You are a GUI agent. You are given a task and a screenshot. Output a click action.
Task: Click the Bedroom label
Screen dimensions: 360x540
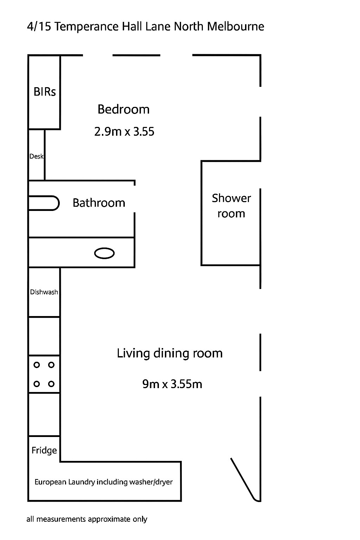(x=123, y=109)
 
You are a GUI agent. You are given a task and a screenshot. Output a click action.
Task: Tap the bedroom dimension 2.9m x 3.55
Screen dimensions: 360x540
(x=124, y=131)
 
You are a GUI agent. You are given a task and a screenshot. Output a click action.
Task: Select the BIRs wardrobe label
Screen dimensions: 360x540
(x=45, y=92)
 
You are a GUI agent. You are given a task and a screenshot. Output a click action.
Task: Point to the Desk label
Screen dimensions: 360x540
(x=37, y=156)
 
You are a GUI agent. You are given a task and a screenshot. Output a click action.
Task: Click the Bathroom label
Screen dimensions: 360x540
(x=99, y=203)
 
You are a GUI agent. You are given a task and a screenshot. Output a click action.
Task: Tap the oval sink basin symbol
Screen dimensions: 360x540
(x=104, y=253)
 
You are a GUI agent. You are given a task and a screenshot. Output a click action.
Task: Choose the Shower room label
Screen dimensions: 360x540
(x=231, y=206)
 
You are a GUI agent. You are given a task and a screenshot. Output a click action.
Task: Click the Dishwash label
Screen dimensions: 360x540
(x=44, y=292)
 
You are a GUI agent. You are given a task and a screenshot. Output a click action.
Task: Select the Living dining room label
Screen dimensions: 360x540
(x=170, y=354)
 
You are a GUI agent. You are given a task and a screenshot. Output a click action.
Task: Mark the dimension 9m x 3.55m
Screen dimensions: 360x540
(x=172, y=384)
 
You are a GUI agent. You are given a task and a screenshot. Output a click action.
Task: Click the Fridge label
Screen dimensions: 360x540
(x=44, y=450)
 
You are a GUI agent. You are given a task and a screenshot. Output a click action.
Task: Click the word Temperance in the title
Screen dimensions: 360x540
(x=86, y=27)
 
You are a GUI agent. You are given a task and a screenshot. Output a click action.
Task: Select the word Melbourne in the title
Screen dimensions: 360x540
(x=236, y=26)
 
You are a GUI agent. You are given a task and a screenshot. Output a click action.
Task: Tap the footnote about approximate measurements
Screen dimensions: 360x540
(x=87, y=519)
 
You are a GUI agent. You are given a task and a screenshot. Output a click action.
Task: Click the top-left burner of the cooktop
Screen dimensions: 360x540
(x=37, y=365)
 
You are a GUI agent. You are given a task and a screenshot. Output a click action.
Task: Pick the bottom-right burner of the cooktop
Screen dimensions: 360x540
(x=51, y=384)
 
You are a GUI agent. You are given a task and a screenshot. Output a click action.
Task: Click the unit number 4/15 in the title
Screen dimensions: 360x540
(x=39, y=26)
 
